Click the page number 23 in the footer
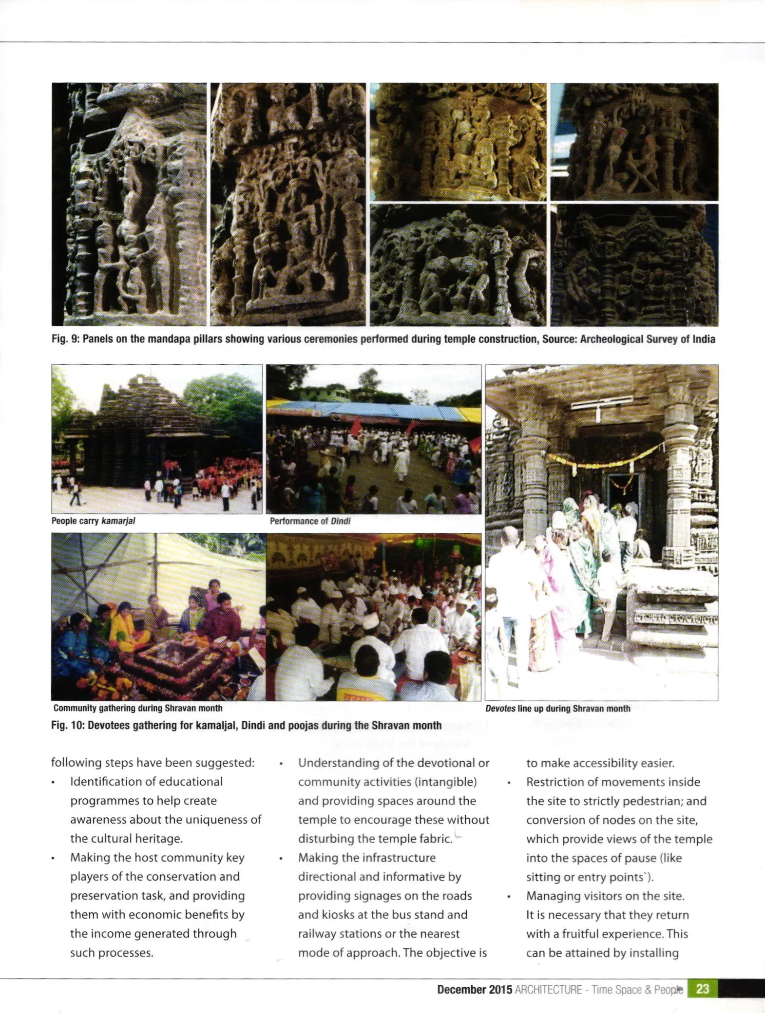703,989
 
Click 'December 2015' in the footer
474,990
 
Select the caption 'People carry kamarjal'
94,521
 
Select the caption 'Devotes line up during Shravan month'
557,708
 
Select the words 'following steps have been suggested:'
153,763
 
